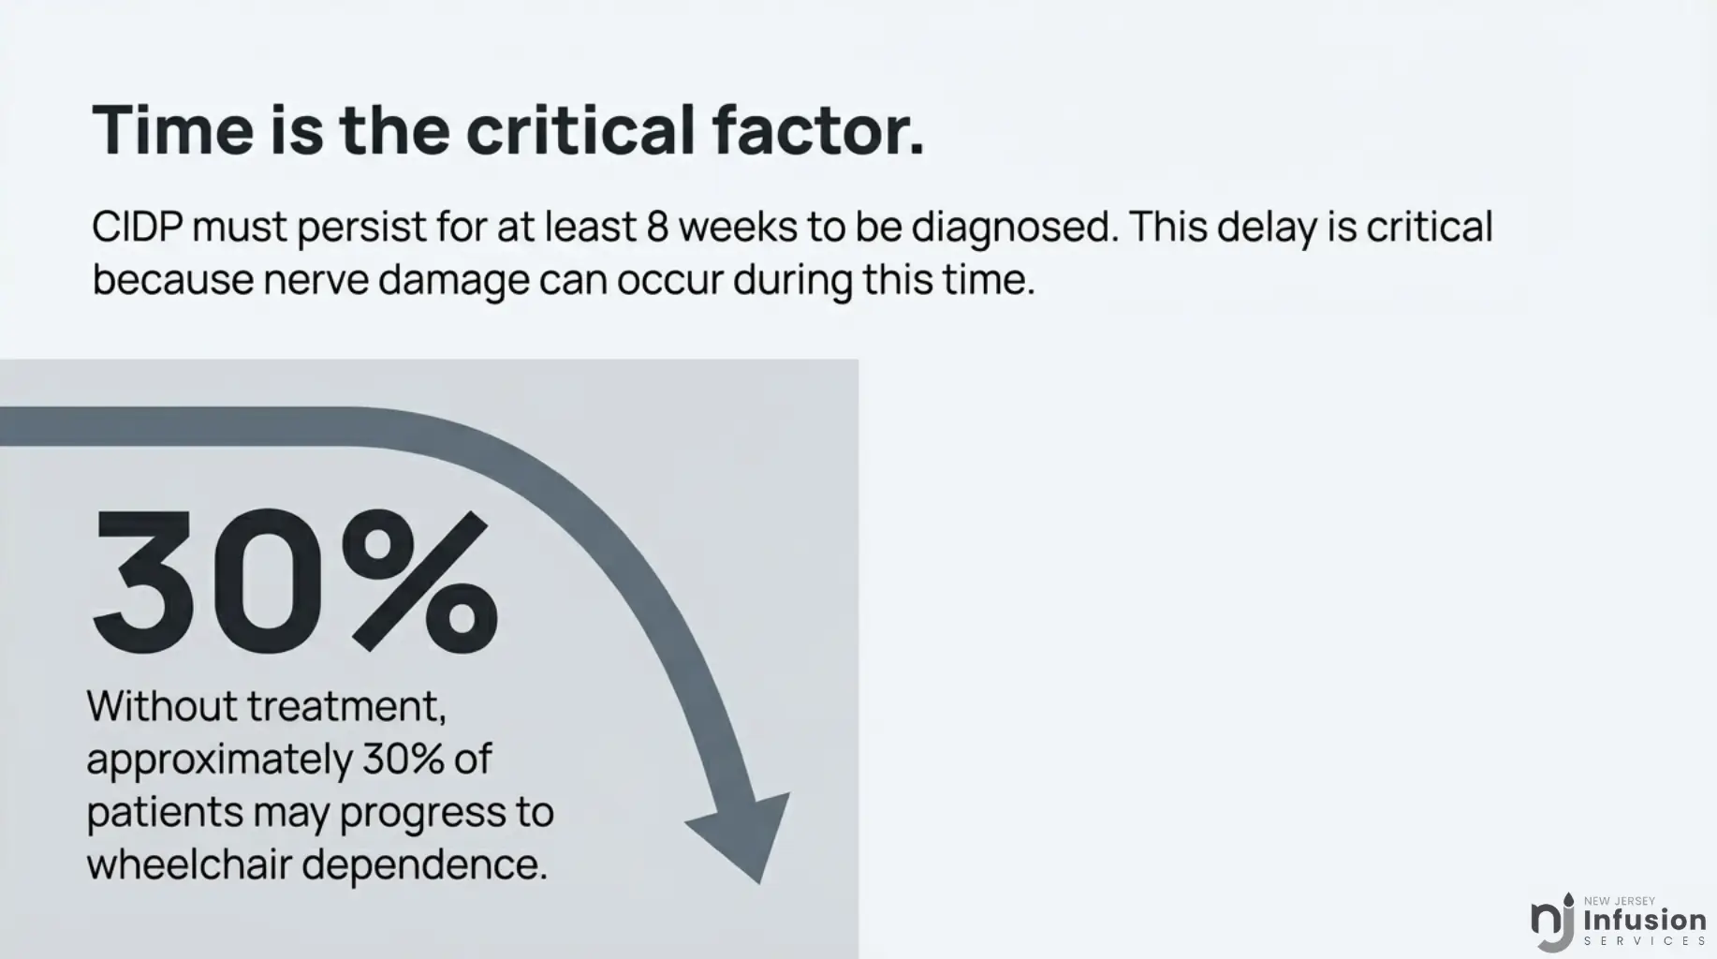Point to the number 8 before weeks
[x=657, y=227]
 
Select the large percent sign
[x=419, y=582]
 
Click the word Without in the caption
[x=162, y=706]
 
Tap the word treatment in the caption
[x=346, y=708]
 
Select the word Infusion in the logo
[x=1645, y=920]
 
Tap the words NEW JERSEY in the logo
[x=1620, y=901]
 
